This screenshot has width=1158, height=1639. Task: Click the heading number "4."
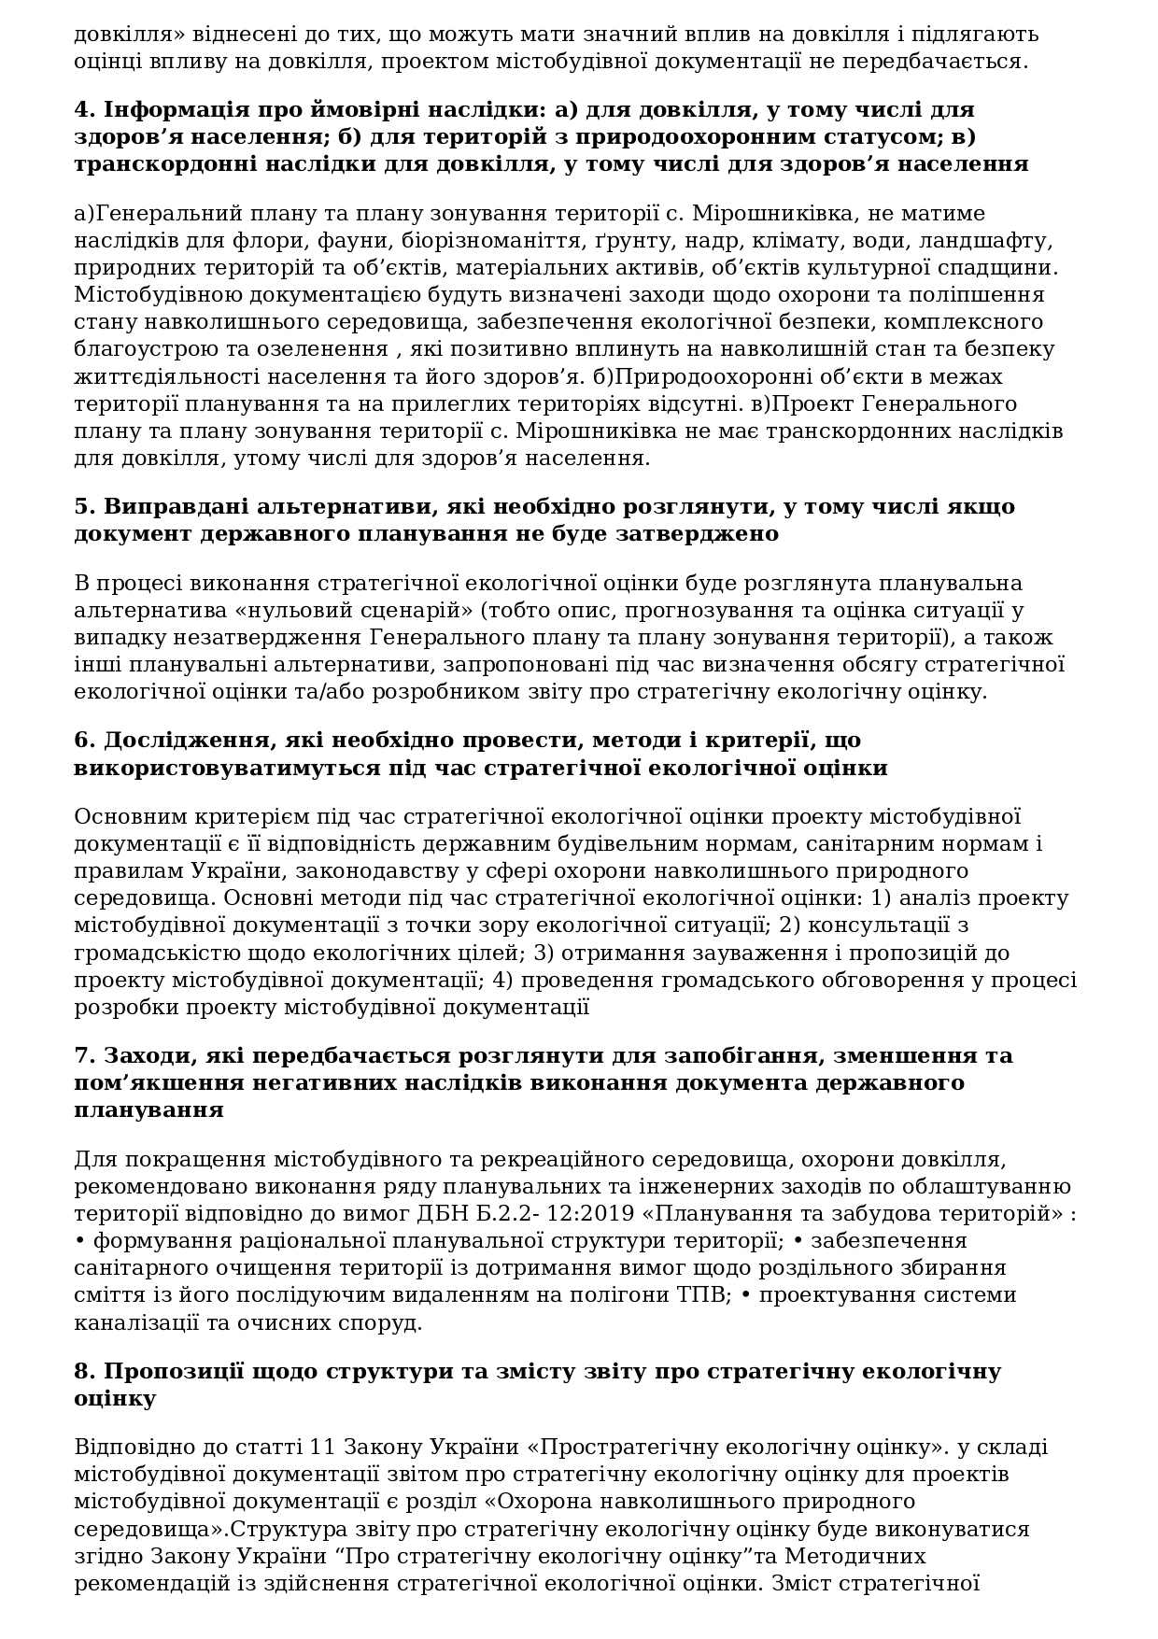pyautogui.click(x=85, y=109)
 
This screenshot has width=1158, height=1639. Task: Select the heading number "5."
pyautogui.click(x=85, y=506)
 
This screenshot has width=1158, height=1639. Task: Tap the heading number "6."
pyautogui.click(x=85, y=740)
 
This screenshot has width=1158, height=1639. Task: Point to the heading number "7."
pyautogui.click(x=85, y=1055)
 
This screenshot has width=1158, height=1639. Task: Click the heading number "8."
pyautogui.click(x=85, y=1371)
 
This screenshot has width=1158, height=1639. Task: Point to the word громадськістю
pyautogui.click(x=155, y=954)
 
